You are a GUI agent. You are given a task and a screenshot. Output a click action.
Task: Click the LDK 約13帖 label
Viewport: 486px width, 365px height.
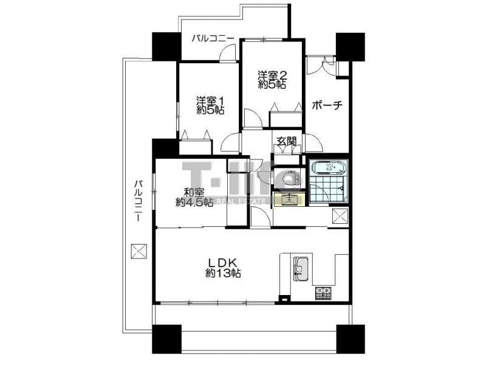[223, 268]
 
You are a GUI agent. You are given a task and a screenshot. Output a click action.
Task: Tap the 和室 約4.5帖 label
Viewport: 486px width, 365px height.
[194, 197]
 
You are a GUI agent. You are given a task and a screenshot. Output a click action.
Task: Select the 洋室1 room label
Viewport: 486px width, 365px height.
[210, 105]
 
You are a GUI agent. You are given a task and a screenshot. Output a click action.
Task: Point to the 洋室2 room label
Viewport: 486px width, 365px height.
[272, 80]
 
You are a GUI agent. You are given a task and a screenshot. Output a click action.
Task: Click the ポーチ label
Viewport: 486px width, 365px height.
[327, 106]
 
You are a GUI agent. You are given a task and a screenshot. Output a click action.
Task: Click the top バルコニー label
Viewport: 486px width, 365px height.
[212, 39]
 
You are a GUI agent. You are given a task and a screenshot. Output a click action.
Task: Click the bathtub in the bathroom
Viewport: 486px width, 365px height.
[329, 169]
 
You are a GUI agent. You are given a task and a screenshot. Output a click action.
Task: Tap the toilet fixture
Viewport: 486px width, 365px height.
[291, 178]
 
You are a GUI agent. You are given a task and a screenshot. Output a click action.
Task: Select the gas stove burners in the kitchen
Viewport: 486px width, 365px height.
[323, 293]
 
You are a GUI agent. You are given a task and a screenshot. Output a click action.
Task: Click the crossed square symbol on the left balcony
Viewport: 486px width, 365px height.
[139, 251]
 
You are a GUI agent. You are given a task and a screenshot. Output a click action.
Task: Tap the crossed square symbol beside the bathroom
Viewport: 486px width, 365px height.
[340, 216]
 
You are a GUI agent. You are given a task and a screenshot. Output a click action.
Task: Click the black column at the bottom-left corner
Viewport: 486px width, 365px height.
[166, 339]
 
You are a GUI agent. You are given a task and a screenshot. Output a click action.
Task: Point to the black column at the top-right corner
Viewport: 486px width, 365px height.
[351, 47]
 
